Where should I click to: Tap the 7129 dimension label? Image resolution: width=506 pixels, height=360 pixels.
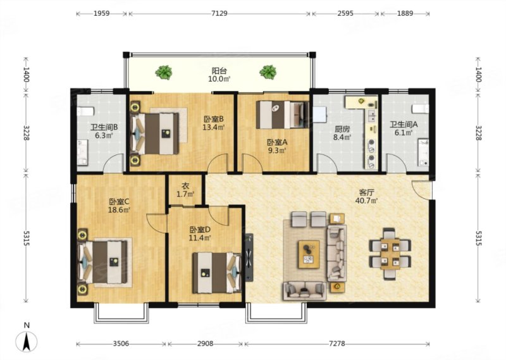(x=219, y=13)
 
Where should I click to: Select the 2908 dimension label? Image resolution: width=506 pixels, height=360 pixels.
(x=205, y=344)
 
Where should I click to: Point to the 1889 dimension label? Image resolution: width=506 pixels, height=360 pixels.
(x=405, y=13)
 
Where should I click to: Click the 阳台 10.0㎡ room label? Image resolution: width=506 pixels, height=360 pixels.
(x=219, y=75)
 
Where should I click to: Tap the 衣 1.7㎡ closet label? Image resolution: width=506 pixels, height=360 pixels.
(x=185, y=190)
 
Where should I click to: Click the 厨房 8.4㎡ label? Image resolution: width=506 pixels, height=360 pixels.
(x=342, y=133)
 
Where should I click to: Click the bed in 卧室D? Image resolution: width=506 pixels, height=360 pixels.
(x=217, y=273)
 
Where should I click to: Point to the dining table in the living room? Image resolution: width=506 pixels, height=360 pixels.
(x=390, y=254)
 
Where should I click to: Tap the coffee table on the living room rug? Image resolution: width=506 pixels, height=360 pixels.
(x=309, y=254)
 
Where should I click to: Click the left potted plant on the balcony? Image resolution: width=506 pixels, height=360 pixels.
(x=164, y=72)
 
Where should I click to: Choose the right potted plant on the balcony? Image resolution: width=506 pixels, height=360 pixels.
(x=268, y=72)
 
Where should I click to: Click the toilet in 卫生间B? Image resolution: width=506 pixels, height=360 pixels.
(x=85, y=111)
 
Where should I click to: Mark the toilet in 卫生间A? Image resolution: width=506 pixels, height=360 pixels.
(x=421, y=108)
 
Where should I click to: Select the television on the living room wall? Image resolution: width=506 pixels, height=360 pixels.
(x=249, y=258)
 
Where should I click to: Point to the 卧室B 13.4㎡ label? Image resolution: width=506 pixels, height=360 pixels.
(x=214, y=123)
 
